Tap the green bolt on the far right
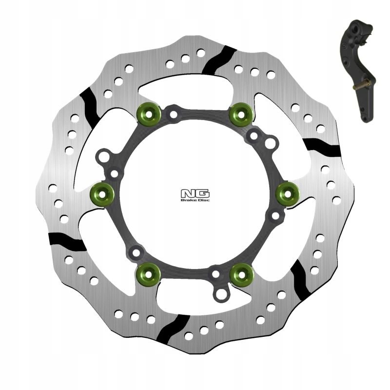point(286,193)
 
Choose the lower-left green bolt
point(149,273)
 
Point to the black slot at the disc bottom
point(174,328)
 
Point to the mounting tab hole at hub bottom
point(222,294)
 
